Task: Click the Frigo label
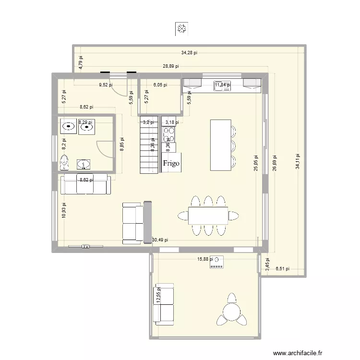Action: [171, 164]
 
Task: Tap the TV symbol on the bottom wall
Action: [85, 247]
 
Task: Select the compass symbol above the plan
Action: [181, 30]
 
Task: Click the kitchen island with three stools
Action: [220, 144]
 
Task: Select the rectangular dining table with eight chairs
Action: [208, 216]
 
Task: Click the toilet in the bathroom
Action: [64, 163]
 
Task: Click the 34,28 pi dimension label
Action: [190, 53]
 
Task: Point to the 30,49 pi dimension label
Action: [160, 240]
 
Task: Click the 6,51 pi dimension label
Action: [282, 269]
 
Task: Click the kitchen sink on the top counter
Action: [222, 85]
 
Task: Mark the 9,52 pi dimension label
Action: [106, 85]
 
